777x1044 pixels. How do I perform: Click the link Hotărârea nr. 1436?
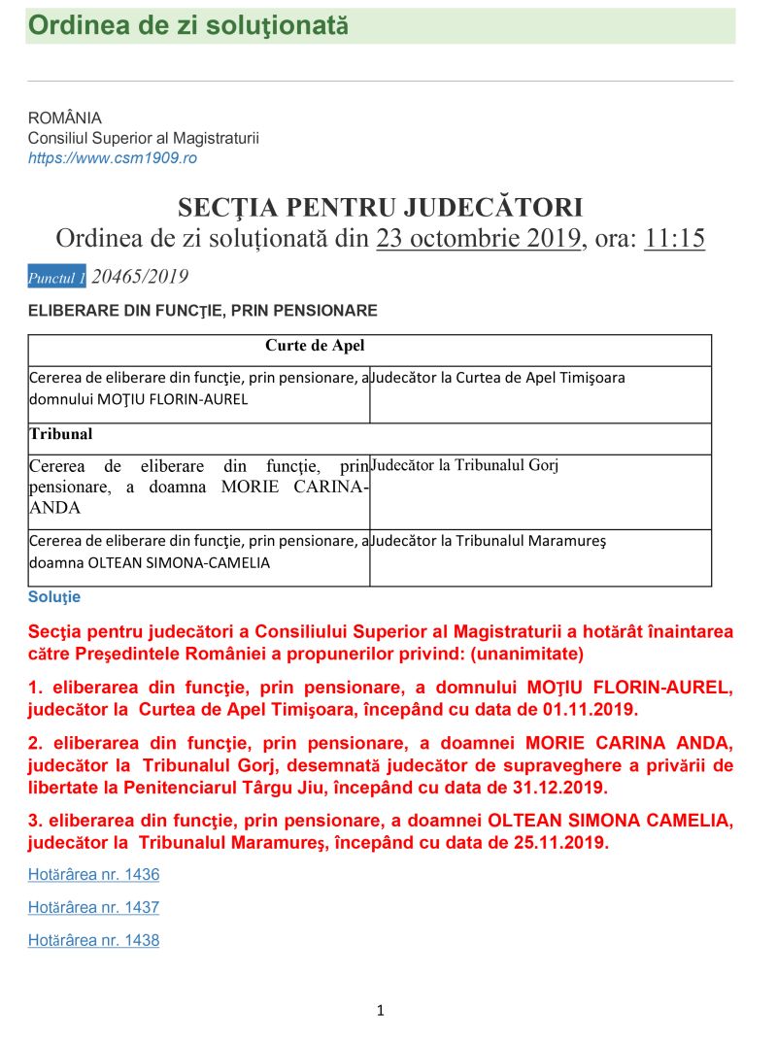tap(93, 875)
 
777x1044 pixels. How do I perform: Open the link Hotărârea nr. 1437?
tap(93, 908)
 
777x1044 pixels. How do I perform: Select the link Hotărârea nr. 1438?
tap(93, 940)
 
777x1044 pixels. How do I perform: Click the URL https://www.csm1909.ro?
tap(112, 157)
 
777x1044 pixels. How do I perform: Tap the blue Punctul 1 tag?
tap(57, 278)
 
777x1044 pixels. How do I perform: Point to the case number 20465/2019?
tap(140, 277)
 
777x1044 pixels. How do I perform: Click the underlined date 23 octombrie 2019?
tap(478, 238)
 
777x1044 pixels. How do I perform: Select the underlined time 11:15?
tap(674, 238)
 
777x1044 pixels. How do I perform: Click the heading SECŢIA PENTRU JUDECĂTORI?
tap(380, 208)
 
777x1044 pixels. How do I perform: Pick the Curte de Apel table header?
tap(315, 346)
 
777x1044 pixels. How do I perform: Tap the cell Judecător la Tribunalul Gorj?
tap(464, 465)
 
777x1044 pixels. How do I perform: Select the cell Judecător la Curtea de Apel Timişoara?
tap(497, 378)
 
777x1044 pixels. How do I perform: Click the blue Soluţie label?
tap(54, 597)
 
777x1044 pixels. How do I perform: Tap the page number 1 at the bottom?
tap(381, 1011)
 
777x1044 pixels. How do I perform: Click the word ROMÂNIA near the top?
tap(65, 118)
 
